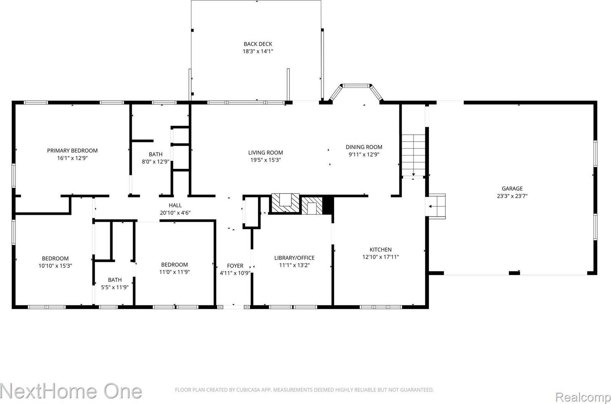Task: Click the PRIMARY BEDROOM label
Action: (72, 150)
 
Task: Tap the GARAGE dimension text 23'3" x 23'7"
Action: (512, 196)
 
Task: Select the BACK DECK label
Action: (258, 44)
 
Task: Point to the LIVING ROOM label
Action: (265, 153)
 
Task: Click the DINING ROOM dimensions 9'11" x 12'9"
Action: (364, 155)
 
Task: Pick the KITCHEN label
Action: (380, 250)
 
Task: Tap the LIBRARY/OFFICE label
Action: (294, 258)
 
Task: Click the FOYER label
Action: (235, 266)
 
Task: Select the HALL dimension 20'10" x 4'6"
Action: (175, 213)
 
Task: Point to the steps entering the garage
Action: (436, 206)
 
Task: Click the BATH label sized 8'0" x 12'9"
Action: (155, 154)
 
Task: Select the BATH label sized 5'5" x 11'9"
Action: (115, 280)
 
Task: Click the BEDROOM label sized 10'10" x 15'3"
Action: (55, 259)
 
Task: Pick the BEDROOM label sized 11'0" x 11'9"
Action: (174, 265)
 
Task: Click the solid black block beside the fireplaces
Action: (328, 205)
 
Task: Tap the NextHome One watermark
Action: (71, 391)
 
